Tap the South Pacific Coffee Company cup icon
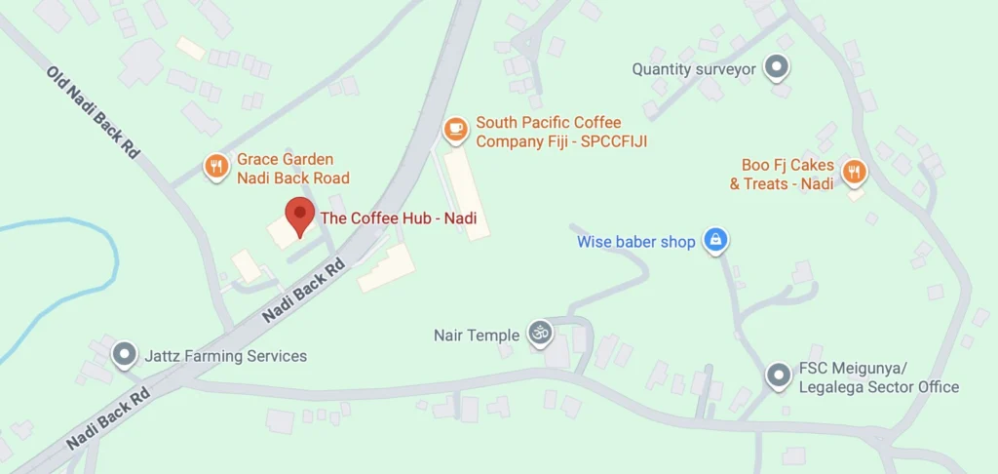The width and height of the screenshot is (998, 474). click(x=454, y=128)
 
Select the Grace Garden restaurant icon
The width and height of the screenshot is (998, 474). click(x=216, y=167)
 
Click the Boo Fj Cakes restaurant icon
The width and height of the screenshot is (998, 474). click(x=854, y=172)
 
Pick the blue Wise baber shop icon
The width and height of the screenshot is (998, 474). click(x=715, y=241)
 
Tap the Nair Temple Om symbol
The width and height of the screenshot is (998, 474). click(x=539, y=335)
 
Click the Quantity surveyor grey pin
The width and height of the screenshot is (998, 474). click(x=776, y=67)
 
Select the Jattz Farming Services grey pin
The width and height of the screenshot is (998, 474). click(x=124, y=355)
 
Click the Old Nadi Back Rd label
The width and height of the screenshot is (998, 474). click(x=94, y=113)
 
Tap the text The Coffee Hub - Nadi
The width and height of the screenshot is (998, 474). click(x=398, y=218)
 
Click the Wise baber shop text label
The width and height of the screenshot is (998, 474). click(x=635, y=241)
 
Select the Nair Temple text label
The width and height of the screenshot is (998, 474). click(x=477, y=336)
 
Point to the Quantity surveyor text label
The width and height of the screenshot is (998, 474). click(x=694, y=69)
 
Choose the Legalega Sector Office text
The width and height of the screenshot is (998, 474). click(x=879, y=387)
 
